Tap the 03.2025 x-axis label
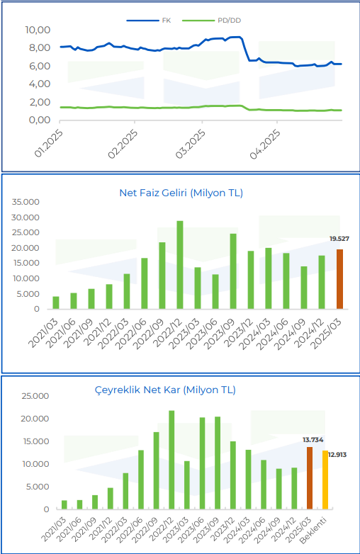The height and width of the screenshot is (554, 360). click(190, 142)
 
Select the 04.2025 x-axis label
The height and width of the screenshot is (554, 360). click(265, 142)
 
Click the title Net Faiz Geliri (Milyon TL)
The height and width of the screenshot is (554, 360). click(180, 193)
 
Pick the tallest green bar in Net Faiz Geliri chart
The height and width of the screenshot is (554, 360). click(180, 265)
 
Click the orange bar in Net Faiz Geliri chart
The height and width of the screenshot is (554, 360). click(339, 279)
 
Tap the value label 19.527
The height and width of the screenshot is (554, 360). click(339, 239)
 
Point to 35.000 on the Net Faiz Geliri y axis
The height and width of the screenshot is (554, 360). click(26, 202)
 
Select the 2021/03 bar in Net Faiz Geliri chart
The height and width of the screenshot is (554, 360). click(56, 303)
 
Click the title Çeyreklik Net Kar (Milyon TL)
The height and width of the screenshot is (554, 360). click(165, 390)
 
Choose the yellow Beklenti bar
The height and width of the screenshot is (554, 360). click(325, 480)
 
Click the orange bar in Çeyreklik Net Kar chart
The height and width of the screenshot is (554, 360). click(310, 477)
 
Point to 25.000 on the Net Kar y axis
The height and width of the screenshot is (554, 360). click(26, 396)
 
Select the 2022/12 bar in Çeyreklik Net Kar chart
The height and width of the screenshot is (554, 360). click(171, 459)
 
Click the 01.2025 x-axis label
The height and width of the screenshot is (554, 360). click(48, 142)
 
